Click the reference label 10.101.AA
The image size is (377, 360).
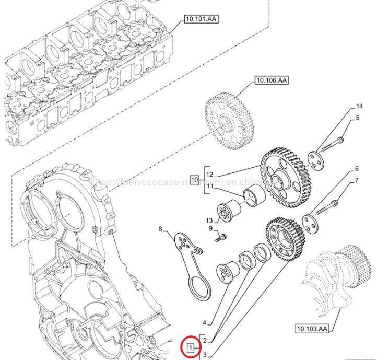coord(201,19)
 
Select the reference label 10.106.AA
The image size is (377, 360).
coord(272,80)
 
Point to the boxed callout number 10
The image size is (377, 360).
coord(194,180)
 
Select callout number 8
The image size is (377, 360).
coord(161,228)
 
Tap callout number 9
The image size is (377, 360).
coord(210,229)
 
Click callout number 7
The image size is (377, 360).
coord(357,181)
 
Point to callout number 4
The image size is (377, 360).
coord(205,322)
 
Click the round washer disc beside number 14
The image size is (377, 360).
coord(314,159)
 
